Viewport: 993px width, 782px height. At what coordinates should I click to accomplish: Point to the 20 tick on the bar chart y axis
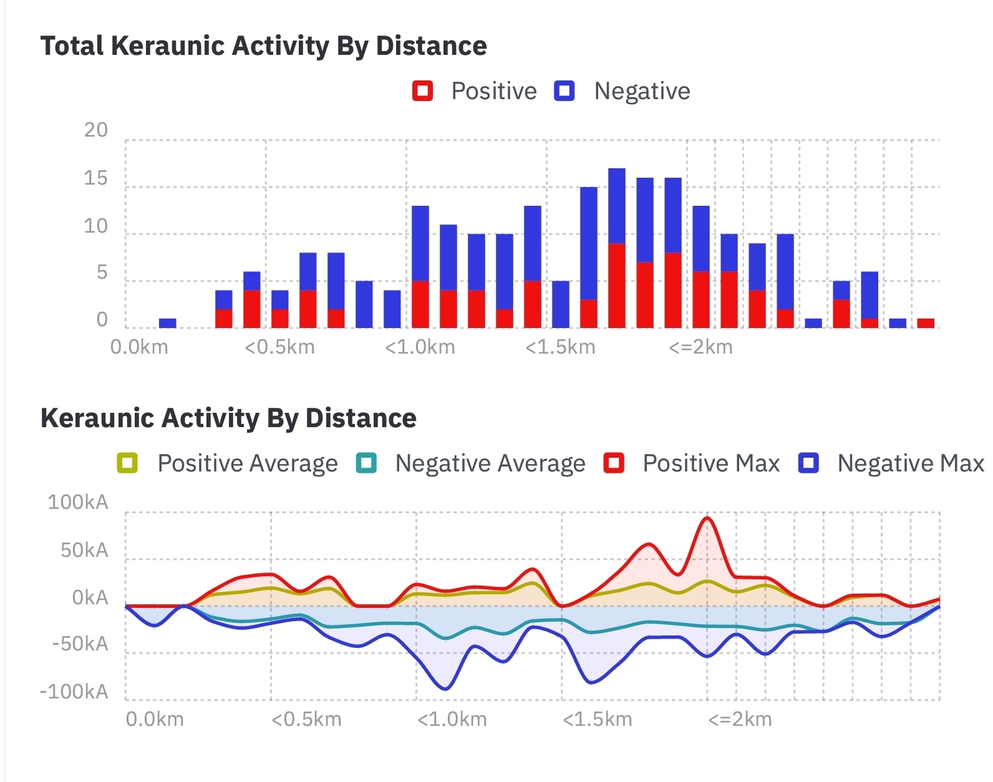pyautogui.click(x=96, y=130)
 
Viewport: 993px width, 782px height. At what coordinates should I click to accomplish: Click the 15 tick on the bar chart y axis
pyautogui.click(x=96, y=178)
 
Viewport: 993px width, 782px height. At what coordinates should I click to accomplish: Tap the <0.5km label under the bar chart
pyautogui.click(x=279, y=347)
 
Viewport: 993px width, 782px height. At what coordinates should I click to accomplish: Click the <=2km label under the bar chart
pyautogui.click(x=700, y=347)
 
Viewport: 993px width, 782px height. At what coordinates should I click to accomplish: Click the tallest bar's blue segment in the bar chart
pyautogui.click(x=617, y=206)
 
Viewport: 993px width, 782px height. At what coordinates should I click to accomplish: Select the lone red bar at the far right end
pyautogui.click(x=926, y=322)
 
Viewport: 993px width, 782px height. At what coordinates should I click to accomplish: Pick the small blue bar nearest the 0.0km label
pyautogui.click(x=168, y=323)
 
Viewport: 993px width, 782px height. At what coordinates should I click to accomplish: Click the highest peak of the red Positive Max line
pyautogui.click(x=707, y=518)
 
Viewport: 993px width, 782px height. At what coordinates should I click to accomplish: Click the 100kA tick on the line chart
pyautogui.click(x=78, y=502)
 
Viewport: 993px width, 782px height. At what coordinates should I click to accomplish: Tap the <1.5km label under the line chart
pyautogui.click(x=597, y=719)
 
